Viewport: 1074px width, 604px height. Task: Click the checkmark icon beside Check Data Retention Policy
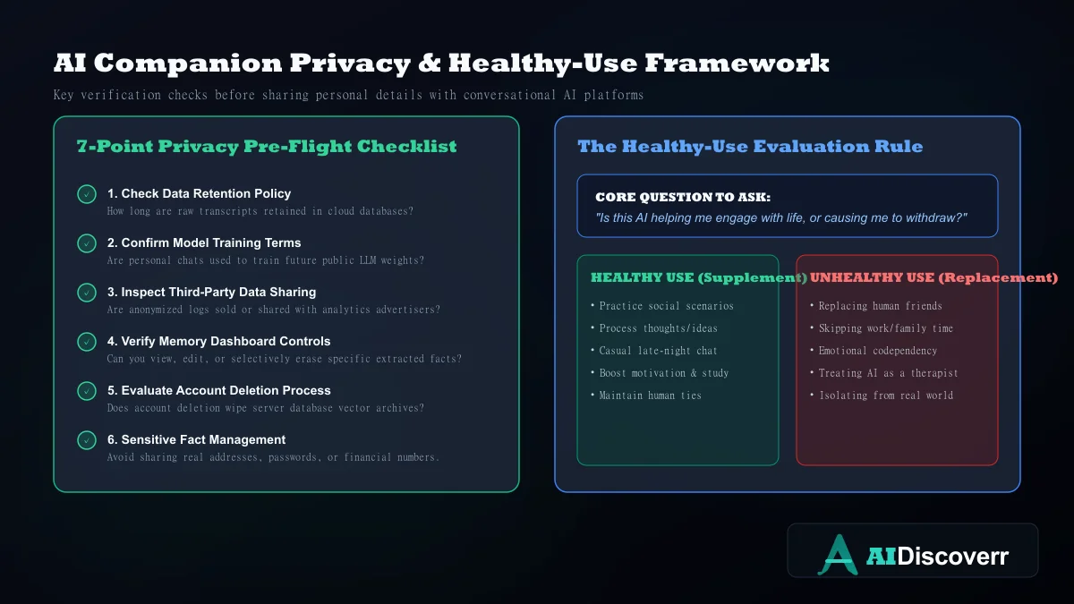point(87,194)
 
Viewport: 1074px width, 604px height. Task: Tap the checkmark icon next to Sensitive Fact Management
point(87,440)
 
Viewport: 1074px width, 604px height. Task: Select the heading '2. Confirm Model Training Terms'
point(204,243)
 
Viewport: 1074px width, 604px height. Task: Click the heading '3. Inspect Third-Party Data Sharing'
point(211,292)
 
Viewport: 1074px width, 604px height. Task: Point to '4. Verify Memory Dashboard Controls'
point(218,341)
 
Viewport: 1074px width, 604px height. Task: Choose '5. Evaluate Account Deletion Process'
point(218,391)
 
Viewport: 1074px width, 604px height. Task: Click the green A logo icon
point(838,555)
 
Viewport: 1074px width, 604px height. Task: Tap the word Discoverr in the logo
point(952,556)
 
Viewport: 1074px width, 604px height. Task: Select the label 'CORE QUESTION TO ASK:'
point(683,197)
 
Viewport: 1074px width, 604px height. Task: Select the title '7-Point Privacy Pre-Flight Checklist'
point(267,146)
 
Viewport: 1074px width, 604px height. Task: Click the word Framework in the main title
point(737,63)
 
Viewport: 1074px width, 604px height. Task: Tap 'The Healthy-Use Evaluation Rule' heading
point(750,146)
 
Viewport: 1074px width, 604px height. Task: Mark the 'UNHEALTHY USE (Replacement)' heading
point(933,277)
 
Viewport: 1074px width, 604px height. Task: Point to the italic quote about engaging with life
point(781,218)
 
